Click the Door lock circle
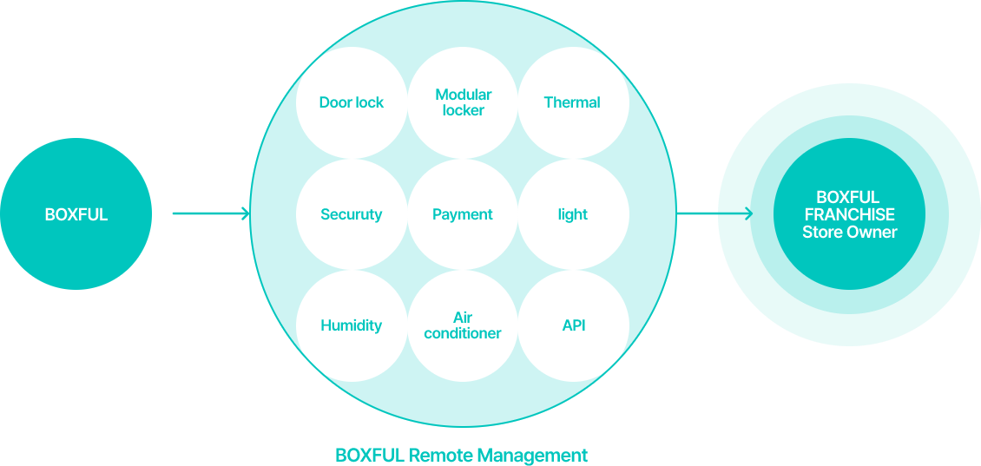coord(352,102)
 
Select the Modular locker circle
coord(463,102)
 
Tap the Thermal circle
coord(574,102)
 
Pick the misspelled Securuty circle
coord(352,214)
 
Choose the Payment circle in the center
coord(463,214)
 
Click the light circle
coord(574,214)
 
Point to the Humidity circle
coord(352,325)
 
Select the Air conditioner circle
coord(463,325)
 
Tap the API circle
coord(574,325)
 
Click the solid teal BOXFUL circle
coord(76,214)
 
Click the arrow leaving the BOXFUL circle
coord(212,214)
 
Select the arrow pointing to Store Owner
coord(714,214)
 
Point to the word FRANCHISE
coord(850,214)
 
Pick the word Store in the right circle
coord(822,232)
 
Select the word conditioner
coord(463,333)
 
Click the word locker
coord(463,111)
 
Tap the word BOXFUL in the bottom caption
coord(370,455)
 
